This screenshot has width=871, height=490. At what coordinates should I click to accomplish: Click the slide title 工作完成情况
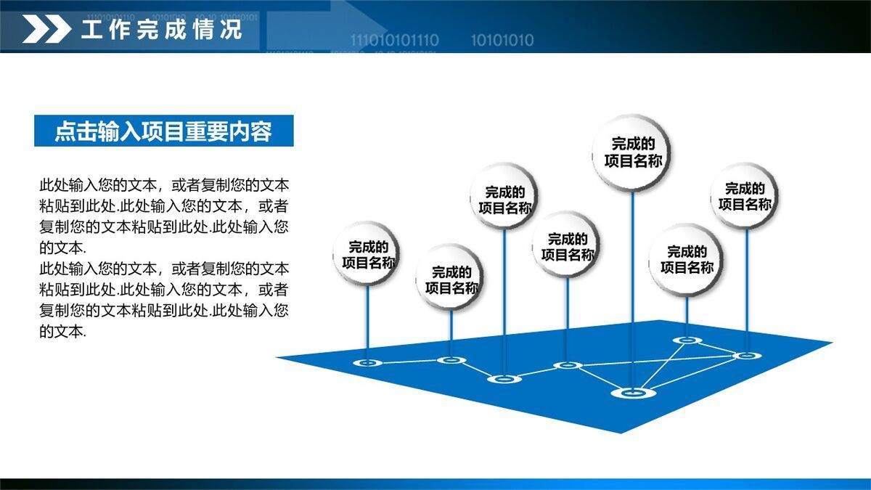pos(161,30)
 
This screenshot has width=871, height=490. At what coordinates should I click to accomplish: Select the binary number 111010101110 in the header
pos(394,40)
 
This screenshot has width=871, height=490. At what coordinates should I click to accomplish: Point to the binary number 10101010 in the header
pos(502,40)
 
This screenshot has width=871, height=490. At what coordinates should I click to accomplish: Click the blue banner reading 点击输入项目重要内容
pos(163,131)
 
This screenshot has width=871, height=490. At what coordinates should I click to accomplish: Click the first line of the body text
pos(164,184)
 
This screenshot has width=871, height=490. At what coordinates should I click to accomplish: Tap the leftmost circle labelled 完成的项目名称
pos(368,254)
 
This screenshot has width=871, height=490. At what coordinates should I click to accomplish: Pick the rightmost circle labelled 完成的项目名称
pos(745,196)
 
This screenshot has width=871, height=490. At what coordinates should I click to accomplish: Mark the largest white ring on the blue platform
pos(633,393)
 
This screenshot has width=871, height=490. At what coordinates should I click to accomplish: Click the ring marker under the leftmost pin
pos(367,362)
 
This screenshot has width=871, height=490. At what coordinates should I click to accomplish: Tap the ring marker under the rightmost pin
pos(746,356)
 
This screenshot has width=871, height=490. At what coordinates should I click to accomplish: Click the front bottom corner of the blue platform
pos(621,431)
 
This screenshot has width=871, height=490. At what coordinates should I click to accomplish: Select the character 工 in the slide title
pos(91,30)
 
